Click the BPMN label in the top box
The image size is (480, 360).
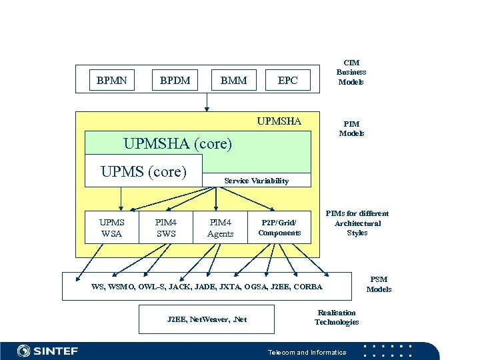(111, 81)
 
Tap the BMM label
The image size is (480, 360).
(233, 81)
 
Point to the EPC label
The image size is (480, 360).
(287, 81)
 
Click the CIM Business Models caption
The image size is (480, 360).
(351, 72)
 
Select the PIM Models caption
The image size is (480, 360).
(351, 129)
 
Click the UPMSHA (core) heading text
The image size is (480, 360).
(178, 143)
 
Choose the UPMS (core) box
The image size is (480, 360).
(143, 171)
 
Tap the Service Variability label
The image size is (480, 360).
(257, 181)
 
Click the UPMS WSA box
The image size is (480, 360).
(111, 228)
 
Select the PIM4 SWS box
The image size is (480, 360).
(165, 228)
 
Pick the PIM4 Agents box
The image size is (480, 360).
(220, 228)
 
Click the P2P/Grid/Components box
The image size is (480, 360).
(279, 228)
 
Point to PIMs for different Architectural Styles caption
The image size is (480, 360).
(357, 223)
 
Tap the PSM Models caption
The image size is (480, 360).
(379, 285)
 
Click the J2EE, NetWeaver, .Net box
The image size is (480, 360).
(207, 319)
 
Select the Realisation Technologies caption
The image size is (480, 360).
(337, 317)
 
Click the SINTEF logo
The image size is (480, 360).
(47, 351)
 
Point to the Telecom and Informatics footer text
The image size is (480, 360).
(307, 352)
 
